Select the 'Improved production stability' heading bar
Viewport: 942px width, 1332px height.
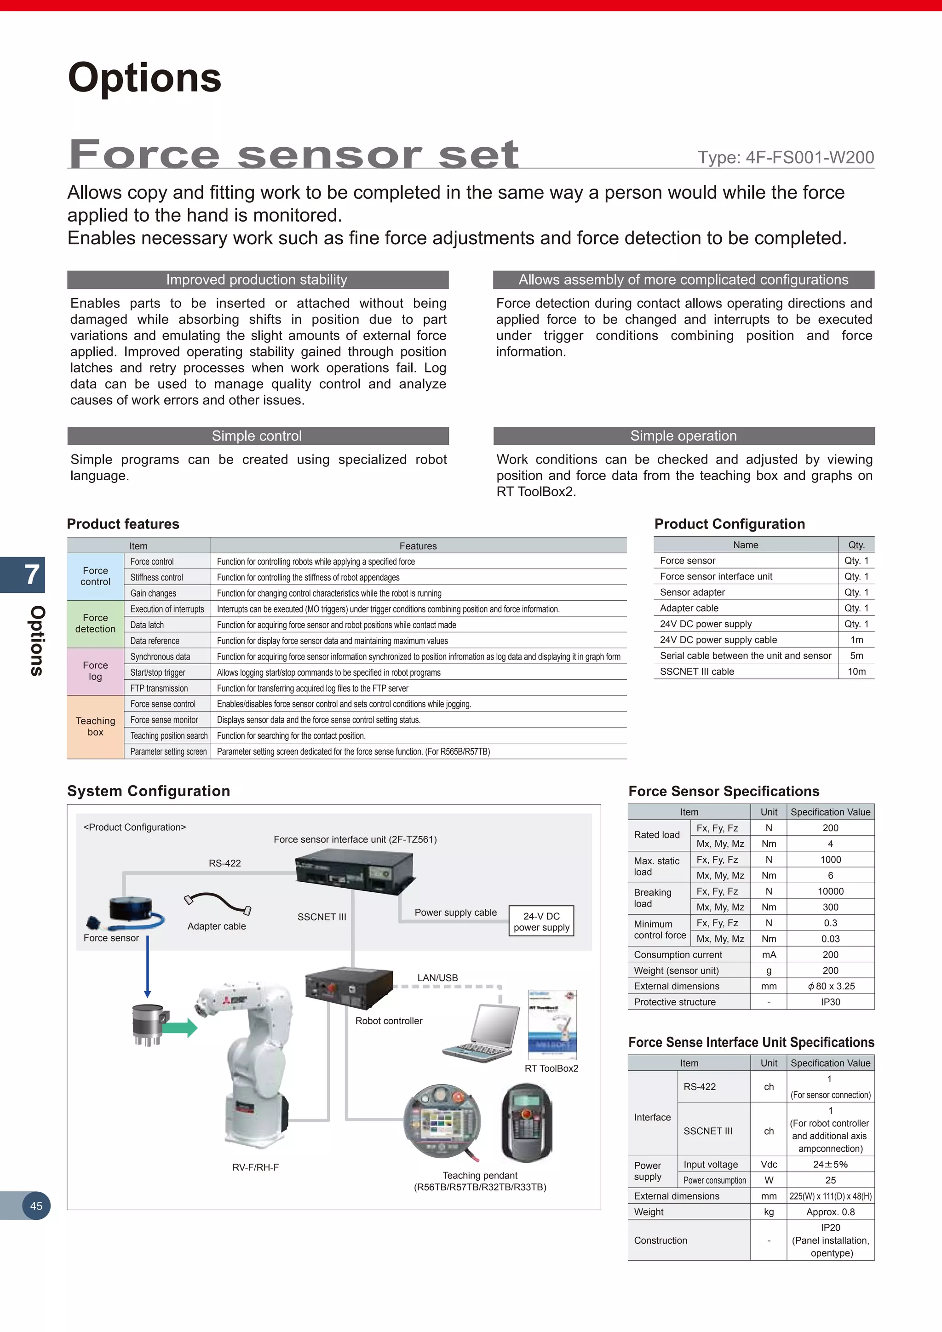click(257, 280)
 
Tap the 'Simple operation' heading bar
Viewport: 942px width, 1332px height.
click(684, 436)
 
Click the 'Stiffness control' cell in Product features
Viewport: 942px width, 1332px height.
click(156, 577)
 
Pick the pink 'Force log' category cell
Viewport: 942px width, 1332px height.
click(95, 671)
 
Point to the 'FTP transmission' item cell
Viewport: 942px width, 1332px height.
click(159, 688)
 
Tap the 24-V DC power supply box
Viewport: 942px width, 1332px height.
click(541, 921)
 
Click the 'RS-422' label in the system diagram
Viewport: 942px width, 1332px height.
click(224, 863)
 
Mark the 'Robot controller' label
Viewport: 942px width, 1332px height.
click(389, 1021)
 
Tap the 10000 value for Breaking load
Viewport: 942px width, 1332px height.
click(830, 891)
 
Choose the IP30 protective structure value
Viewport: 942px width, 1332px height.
click(830, 1002)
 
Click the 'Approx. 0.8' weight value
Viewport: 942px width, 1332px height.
click(830, 1212)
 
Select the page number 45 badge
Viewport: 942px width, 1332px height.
click(36, 1206)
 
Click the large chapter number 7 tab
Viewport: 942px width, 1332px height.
click(32, 574)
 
